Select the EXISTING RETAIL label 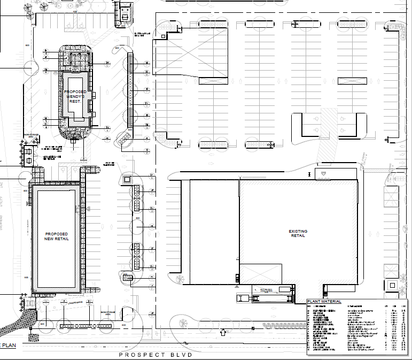[x=298, y=233]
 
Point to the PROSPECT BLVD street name [x=154, y=355]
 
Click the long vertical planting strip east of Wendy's [x=129, y=91]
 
